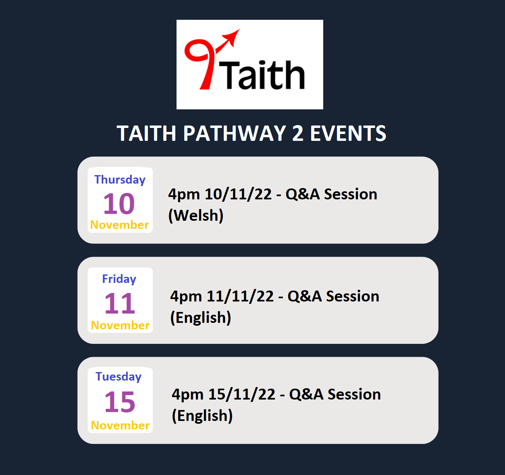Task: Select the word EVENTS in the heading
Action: coord(348,134)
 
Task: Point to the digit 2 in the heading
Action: coord(297,134)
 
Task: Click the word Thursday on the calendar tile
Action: coord(120,180)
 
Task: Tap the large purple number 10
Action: coord(119,204)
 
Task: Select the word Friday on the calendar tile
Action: coord(119,279)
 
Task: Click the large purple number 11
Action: coord(120,303)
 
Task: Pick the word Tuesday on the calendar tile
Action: coord(118,377)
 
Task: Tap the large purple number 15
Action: coord(120,402)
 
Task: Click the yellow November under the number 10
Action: coord(120,225)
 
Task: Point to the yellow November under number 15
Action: coord(120,425)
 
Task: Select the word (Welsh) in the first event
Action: coord(196,216)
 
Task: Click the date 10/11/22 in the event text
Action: coord(238,194)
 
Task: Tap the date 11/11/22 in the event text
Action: coord(240,296)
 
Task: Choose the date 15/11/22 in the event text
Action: coord(242,394)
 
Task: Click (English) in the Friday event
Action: coord(201,318)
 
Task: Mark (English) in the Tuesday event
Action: coord(202,416)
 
